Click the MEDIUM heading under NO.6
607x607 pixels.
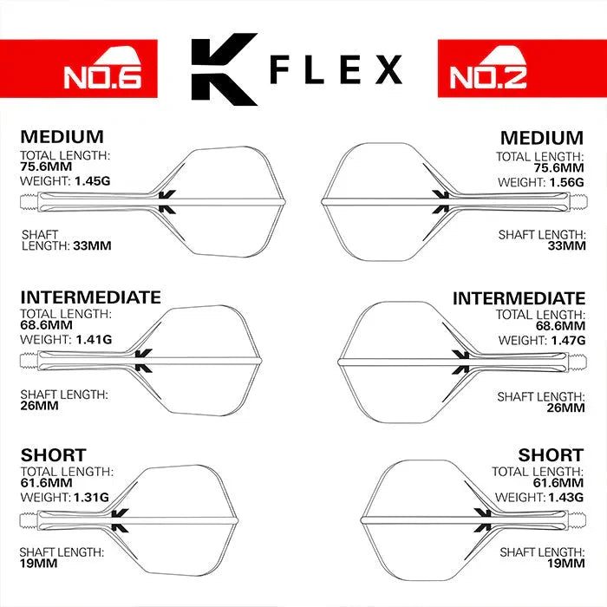[x=62, y=137]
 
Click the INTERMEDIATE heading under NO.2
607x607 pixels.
[x=519, y=298]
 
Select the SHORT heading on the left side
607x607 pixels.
[x=53, y=454]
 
